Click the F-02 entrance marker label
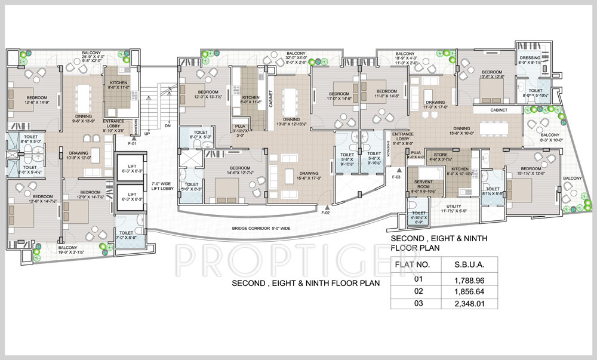pyautogui.click(x=326, y=213)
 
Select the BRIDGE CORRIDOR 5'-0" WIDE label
pyautogui.click(x=261, y=228)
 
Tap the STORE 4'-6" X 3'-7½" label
pyautogui.click(x=455, y=157)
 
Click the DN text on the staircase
pyautogui.click(x=168, y=126)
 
